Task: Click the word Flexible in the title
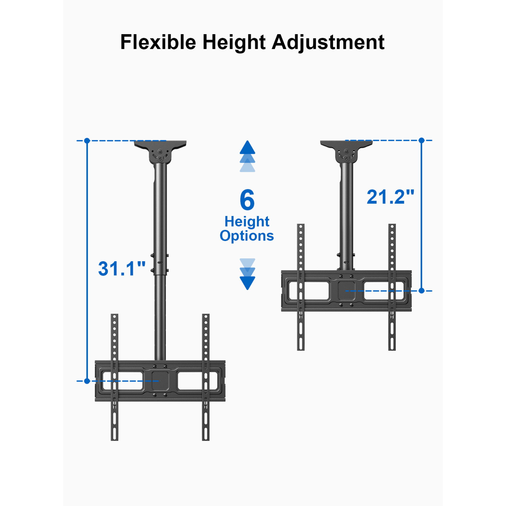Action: point(158,42)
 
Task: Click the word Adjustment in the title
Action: point(328,42)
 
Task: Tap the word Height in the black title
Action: point(234,42)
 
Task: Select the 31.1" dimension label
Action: point(122,269)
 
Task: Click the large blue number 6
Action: point(247,200)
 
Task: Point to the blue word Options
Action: point(247,236)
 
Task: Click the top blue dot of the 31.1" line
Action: point(87,141)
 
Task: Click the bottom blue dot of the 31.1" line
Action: point(87,381)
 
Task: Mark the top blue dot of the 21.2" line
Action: point(421,140)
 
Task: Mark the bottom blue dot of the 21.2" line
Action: point(421,291)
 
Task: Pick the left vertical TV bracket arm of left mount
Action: point(114,377)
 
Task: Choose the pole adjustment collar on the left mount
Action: point(160,263)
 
